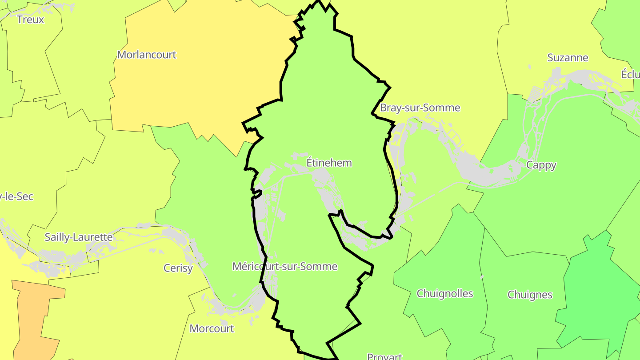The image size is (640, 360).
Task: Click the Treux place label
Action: click(x=30, y=20)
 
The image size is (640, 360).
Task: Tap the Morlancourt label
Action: click(x=147, y=55)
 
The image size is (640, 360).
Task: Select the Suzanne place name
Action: click(x=568, y=58)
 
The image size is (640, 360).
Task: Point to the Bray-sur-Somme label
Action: click(x=420, y=108)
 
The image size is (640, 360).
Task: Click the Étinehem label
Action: click(x=329, y=163)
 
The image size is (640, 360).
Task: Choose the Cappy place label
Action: click(x=541, y=165)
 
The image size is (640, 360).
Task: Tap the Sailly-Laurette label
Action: click(x=79, y=237)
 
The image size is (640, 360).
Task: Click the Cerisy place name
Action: click(x=178, y=268)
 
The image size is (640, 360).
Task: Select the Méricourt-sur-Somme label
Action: click(x=285, y=266)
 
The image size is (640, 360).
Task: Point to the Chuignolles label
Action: click(x=445, y=293)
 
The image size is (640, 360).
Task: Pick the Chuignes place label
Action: click(x=530, y=295)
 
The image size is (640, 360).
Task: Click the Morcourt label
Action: click(x=212, y=328)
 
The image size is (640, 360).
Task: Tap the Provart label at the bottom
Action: click(x=384, y=356)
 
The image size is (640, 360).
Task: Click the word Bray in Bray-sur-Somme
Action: click(x=390, y=108)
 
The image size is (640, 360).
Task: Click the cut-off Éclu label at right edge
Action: click(x=630, y=74)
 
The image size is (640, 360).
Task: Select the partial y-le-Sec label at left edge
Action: click(x=17, y=196)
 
